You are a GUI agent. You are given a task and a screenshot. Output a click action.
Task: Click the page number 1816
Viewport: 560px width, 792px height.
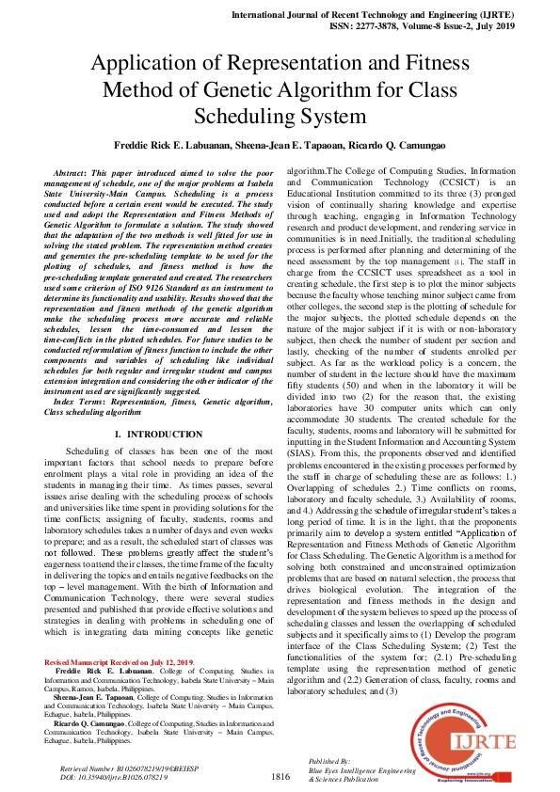click(280, 776)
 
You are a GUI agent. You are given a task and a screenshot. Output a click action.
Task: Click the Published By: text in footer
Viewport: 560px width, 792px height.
click(329, 760)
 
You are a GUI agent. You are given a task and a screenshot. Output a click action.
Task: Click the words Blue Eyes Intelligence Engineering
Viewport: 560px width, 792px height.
click(361, 769)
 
